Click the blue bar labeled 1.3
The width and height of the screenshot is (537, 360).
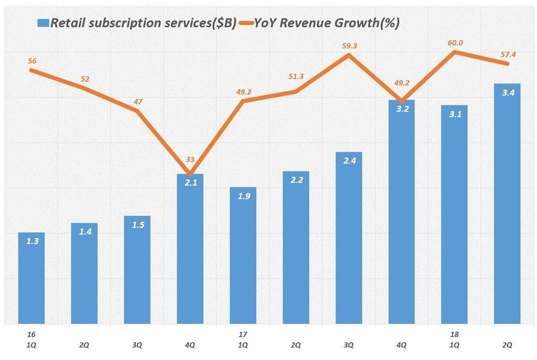(x=31, y=278)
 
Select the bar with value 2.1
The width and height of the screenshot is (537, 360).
(x=190, y=249)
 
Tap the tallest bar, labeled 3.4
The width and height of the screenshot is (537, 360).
(x=507, y=204)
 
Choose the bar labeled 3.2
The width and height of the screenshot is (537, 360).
(x=401, y=212)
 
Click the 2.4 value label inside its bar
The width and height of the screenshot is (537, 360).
(x=349, y=161)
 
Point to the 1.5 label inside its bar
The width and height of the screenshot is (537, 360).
(x=137, y=225)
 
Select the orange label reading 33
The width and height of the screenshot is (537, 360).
(x=190, y=160)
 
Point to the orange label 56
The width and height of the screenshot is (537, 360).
(x=32, y=61)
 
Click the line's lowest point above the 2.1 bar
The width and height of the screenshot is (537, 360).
(x=190, y=174)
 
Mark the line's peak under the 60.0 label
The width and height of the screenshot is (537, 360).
(x=455, y=52)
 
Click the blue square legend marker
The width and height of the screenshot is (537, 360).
(x=43, y=23)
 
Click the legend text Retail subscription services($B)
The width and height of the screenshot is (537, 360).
(x=143, y=23)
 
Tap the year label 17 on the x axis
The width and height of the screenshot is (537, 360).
(x=243, y=334)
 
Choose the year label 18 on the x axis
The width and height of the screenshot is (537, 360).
(x=454, y=334)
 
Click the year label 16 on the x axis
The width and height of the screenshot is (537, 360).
(x=31, y=334)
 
